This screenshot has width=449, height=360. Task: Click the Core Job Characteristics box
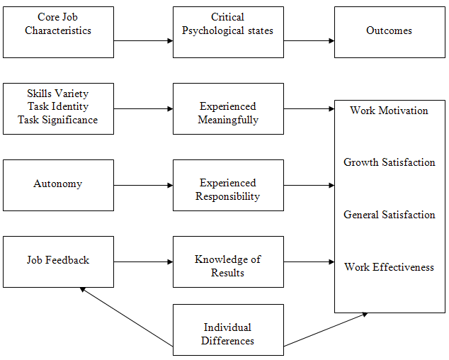[x=58, y=32]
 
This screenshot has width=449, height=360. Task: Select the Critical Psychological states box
[x=228, y=32]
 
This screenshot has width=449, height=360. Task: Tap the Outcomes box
[x=390, y=32]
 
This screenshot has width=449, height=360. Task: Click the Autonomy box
[x=58, y=185]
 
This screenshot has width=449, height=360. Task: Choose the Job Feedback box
[x=58, y=261]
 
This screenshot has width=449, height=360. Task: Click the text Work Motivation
[x=389, y=111]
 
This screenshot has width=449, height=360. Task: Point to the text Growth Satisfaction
[x=389, y=162]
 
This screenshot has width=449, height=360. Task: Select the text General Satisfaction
[x=389, y=215]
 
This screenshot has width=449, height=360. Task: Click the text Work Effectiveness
[x=389, y=267]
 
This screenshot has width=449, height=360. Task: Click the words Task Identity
[x=58, y=107]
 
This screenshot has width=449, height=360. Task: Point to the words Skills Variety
[x=58, y=94]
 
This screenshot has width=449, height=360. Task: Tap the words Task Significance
[x=58, y=120]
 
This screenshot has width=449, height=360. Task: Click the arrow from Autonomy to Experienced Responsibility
[x=143, y=185]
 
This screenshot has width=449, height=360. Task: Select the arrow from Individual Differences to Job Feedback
[x=126, y=317]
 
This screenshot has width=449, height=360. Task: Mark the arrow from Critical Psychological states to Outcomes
[x=309, y=40]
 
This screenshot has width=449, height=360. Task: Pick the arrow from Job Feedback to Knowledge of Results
[x=143, y=261]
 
